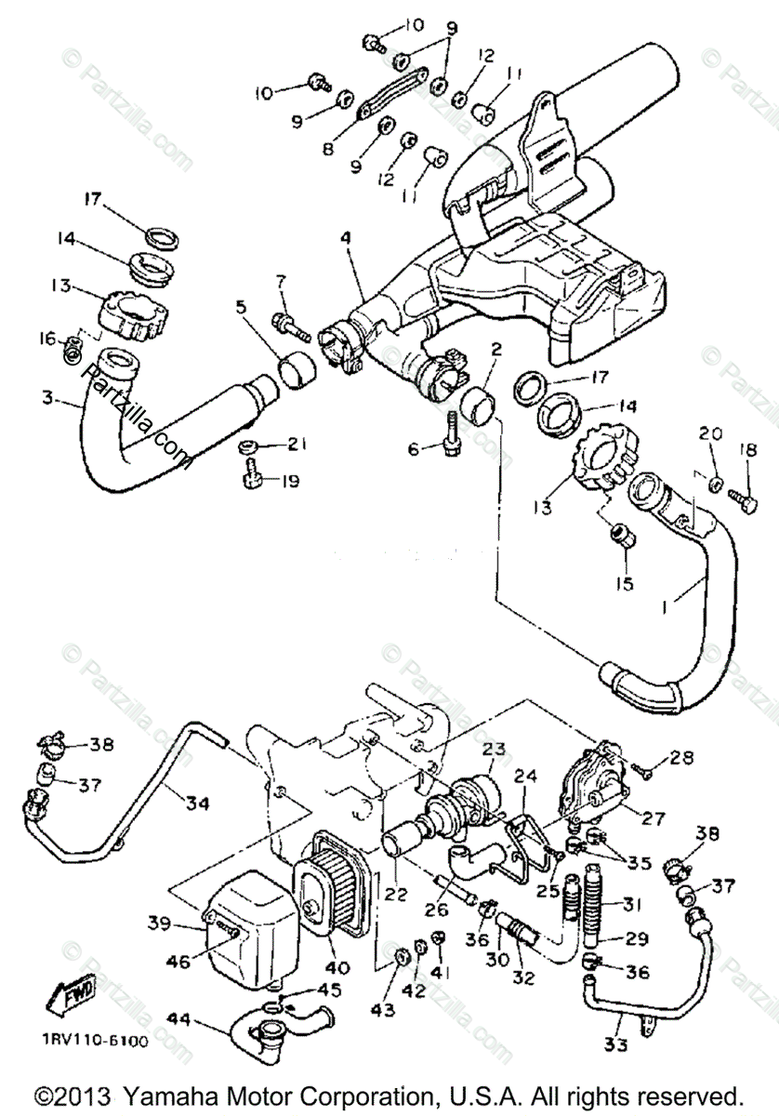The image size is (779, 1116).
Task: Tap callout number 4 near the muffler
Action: (346, 237)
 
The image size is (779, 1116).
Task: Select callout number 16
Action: (49, 338)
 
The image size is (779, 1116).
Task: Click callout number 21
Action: (297, 444)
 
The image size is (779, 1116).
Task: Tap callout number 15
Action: (623, 584)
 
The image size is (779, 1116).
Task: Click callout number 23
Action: (493, 749)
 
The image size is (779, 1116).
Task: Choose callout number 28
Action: (680, 759)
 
